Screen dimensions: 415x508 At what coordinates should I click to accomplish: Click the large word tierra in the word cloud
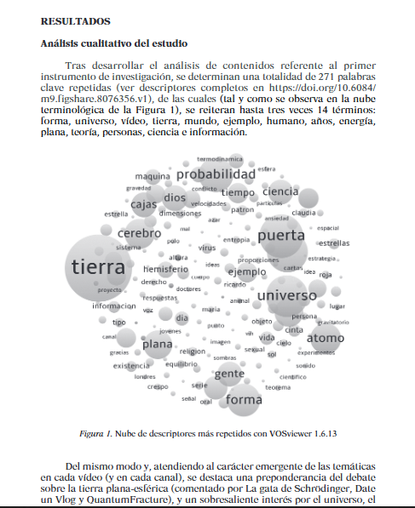[99, 267]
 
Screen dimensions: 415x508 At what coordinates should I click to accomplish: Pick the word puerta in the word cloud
[280, 236]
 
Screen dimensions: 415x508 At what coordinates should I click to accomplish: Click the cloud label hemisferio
[164, 269]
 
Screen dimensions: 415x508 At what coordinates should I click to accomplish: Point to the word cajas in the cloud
[143, 203]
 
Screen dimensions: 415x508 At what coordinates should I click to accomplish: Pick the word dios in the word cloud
[176, 198]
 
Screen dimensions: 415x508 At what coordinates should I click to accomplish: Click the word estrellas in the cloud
[334, 243]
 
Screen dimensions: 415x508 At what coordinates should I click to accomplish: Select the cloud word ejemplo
[246, 272]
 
